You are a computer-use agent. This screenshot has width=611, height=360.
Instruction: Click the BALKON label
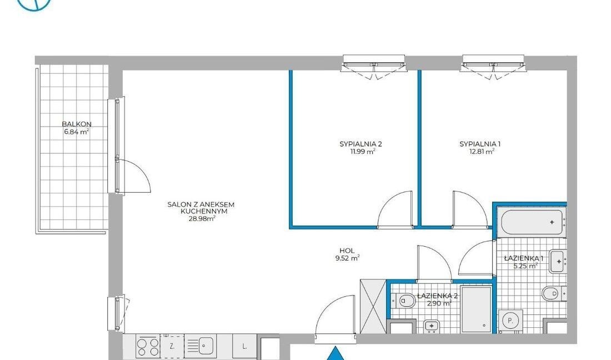pos(77,124)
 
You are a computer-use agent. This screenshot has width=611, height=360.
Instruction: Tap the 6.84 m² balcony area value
pos(77,132)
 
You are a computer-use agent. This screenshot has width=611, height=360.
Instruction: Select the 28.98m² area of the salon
pos(202,218)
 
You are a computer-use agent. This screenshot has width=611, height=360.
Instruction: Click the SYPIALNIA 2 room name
pos(360,144)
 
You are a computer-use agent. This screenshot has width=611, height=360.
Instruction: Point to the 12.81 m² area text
pos(482,152)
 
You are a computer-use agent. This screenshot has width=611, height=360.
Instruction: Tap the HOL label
pos(347,251)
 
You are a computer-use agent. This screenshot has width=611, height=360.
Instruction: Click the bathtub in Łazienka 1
pos(532,222)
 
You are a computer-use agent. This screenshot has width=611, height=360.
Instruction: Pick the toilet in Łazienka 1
pos(554,293)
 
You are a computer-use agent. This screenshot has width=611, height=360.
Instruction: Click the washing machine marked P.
pos(511,322)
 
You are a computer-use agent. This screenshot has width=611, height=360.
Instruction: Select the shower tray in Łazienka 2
pos(476,309)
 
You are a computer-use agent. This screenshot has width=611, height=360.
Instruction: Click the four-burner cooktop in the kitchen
pos(148,346)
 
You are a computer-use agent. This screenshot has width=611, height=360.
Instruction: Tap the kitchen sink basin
pos(206,345)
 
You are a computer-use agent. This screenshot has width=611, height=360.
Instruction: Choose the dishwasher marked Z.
pos(172,346)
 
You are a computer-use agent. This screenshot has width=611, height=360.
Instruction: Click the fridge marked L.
pos(244,346)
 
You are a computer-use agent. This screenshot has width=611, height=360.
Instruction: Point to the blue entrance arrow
pos(334,354)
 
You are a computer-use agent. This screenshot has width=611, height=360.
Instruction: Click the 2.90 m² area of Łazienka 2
pos(439,303)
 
